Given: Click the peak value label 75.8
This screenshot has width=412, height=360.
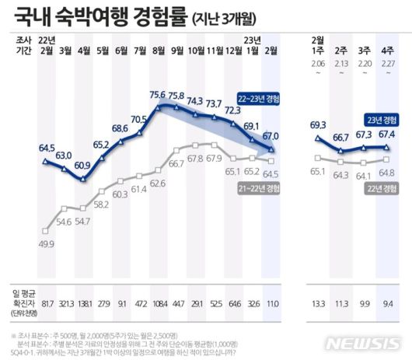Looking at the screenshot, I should (x=176, y=96).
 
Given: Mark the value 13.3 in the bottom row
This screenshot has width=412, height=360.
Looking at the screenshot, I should (x=316, y=303).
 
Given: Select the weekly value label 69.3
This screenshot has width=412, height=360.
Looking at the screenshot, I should (x=316, y=124).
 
